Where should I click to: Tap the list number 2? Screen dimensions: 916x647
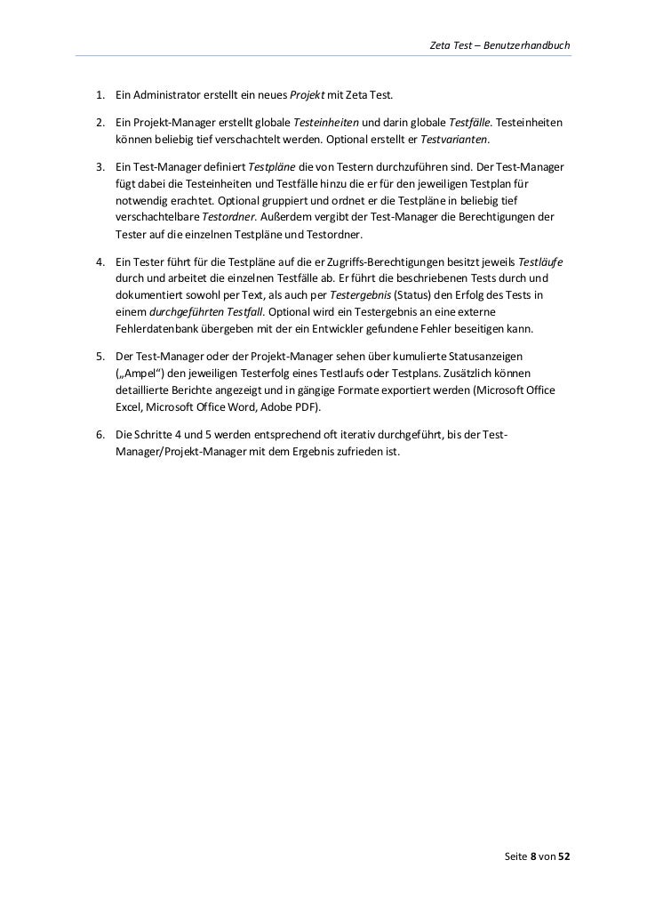tap(100, 121)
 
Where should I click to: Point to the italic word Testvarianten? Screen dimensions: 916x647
tap(459, 141)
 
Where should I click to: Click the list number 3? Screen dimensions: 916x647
tap(100, 167)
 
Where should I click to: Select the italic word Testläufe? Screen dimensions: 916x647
tap(540, 263)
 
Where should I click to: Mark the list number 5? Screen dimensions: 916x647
tap(100, 356)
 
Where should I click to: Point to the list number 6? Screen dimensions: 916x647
tap(100, 434)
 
